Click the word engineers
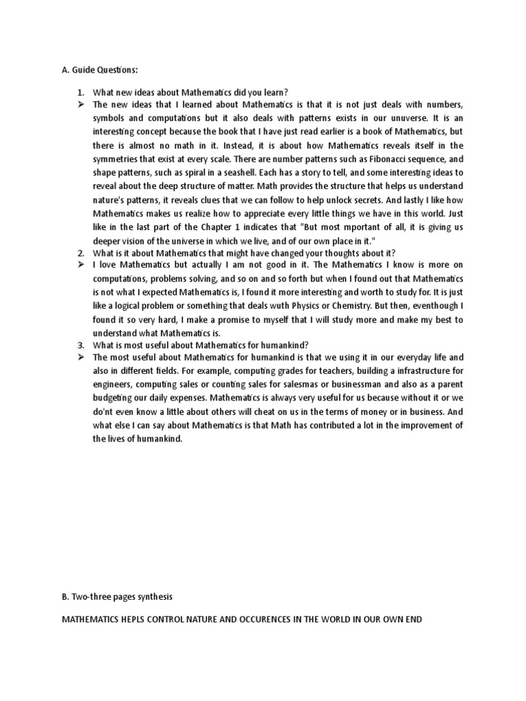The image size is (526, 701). pos(114,384)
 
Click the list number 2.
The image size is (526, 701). pos(79,251)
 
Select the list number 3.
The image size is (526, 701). pos(79,344)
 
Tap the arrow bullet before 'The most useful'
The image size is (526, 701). pos(80,357)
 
